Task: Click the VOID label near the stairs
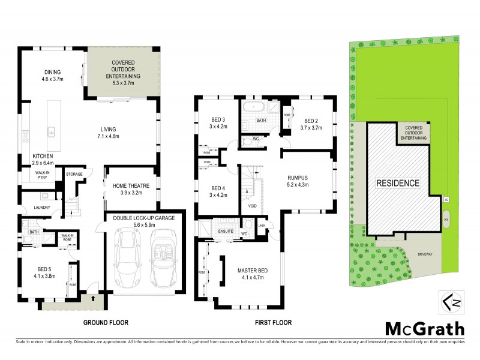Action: pyautogui.click(x=253, y=206)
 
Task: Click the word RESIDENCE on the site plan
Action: pyautogui.click(x=398, y=183)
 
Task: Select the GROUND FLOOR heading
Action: pyautogui.click(x=106, y=323)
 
